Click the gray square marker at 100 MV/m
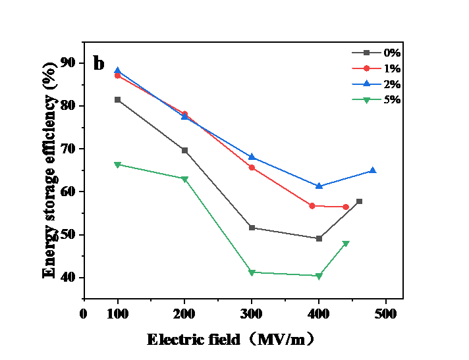[x=117, y=99]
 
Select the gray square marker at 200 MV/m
[x=185, y=151]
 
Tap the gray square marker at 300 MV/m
[x=252, y=228]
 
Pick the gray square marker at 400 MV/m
[x=319, y=238]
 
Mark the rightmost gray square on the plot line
[x=360, y=201]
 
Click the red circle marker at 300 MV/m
[x=252, y=168]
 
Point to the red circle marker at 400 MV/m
[x=312, y=206]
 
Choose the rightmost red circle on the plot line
[x=346, y=207]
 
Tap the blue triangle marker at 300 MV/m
[x=252, y=157]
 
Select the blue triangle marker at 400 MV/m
[x=319, y=186]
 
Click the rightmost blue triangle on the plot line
[x=373, y=170]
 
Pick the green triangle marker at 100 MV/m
[x=117, y=165]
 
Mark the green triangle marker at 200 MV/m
[x=185, y=179]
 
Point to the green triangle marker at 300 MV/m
[x=252, y=272]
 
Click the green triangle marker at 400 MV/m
[x=319, y=276]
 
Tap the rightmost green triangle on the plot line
[x=346, y=244]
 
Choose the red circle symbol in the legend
[x=367, y=68]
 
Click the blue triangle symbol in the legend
[x=367, y=84]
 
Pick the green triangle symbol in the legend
[x=367, y=100]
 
